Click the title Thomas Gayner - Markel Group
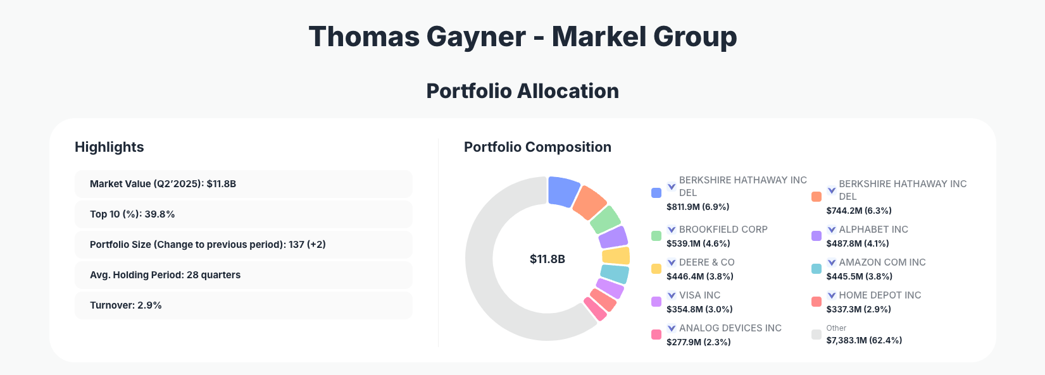pyautogui.click(x=522, y=37)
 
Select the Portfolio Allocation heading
pyautogui.click(x=522, y=91)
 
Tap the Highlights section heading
pyautogui.click(x=110, y=147)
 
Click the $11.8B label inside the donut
pyautogui.click(x=547, y=259)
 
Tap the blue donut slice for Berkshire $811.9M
pyautogui.click(x=563, y=190)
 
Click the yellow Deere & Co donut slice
pyautogui.click(x=616, y=256)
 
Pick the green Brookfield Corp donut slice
pyautogui.click(x=605, y=219)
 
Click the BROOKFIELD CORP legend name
pyautogui.click(x=723, y=230)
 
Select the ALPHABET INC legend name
pyautogui.click(x=873, y=230)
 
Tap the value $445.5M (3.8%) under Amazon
pyautogui.click(x=859, y=276)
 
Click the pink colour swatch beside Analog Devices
pyautogui.click(x=656, y=335)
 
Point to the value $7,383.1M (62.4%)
pyautogui.click(x=864, y=340)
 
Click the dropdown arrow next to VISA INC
pyautogui.click(x=672, y=295)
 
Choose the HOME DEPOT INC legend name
pyautogui.click(x=880, y=295)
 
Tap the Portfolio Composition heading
pyautogui.click(x=537, y=147)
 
